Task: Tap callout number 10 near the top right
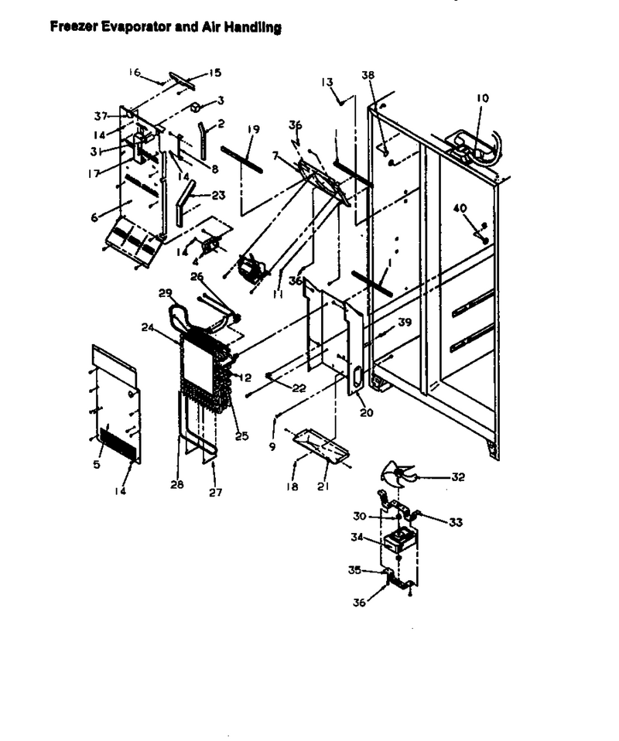click(x=482, y=98)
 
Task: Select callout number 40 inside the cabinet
click(x=460, y=208)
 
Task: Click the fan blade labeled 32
click(x=398, y=474)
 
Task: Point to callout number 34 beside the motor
click(x=357, y=538)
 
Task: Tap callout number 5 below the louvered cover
click(x=97, y=465)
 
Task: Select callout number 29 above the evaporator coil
click(x=166, y=293)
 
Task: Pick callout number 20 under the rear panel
click(x=367, y=412)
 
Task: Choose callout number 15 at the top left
click(x=214, y=73)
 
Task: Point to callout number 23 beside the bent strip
click(x=218, y=195)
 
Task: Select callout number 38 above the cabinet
click(x=368, y=75)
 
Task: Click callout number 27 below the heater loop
click(x=216, y=493)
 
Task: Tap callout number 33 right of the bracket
click(x=456, y=522)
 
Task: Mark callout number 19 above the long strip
click(x=254, y=129)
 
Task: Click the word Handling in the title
click(x=253, y=27)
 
